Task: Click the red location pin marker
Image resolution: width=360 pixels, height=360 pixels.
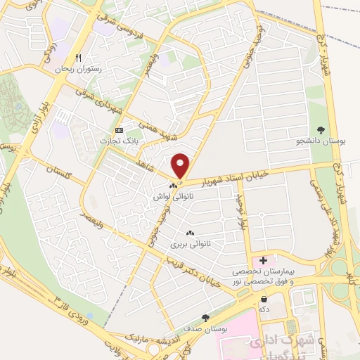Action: (181, 166)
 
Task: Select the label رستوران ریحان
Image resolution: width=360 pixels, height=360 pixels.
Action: (78, 70)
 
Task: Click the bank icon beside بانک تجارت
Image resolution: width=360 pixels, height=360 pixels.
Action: (118, 131)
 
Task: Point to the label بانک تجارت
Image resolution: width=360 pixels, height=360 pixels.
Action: (119, 141)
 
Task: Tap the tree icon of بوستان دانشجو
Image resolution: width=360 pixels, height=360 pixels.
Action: (321, 129)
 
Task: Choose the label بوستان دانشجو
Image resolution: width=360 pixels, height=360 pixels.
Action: (321, 141)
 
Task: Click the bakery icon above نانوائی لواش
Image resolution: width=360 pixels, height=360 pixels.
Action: (173, 186)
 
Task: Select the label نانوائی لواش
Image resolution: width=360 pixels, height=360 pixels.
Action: (173, 198)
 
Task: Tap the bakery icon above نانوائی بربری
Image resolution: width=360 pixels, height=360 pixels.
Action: (188, 233)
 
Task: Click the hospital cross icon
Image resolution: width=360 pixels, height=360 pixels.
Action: (264, 260)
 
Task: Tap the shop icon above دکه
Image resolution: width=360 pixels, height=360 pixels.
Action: (264, 298)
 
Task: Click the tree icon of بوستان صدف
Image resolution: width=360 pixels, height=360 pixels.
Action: (205, 318)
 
